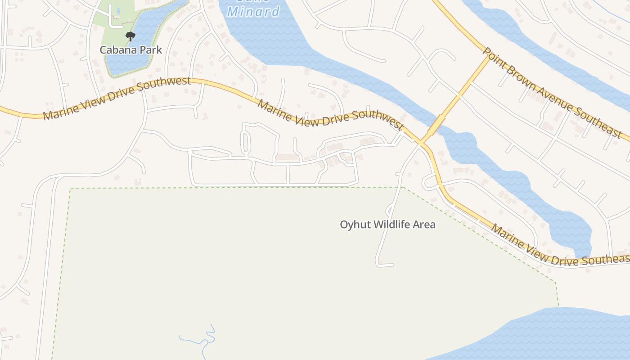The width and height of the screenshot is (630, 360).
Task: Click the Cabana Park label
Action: pos(130,49)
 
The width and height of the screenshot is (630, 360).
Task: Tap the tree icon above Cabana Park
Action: pos(130,36)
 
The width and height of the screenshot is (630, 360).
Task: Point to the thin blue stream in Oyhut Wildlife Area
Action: pos(205,340)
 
